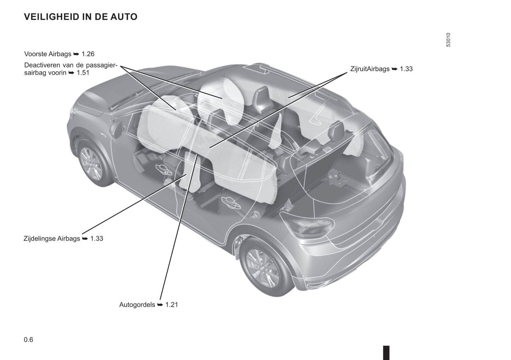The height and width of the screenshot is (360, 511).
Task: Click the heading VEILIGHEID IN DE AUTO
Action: (81, 17)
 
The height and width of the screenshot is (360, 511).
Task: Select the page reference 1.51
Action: (83, 73)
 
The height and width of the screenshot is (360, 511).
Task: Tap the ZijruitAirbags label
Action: (370, 69)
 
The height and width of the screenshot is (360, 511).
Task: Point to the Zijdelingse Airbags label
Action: (52, 238)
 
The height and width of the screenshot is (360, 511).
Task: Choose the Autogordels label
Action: (137, 305)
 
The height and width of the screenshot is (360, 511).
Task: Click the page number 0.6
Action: (29, 340)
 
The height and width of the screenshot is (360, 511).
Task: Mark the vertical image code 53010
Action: (448, 40)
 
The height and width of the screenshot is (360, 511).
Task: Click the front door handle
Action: (163, 169)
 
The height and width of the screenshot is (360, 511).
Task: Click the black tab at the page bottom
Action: (386, 353)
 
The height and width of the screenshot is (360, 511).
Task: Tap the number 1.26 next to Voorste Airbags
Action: (88, 54)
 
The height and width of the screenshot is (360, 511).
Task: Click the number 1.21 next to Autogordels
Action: (172, 305)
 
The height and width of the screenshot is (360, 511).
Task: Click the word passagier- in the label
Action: (101, 65)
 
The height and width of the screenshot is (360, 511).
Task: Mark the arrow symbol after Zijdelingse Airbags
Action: (85, 239)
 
